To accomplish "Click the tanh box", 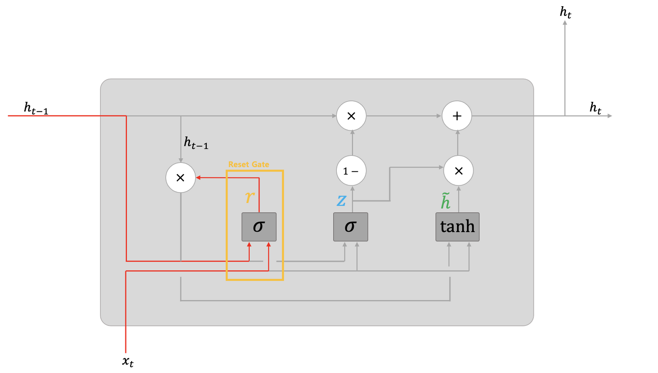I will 458,227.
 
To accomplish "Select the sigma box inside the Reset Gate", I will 259,227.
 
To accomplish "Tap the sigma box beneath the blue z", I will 350,227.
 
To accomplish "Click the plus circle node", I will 457,116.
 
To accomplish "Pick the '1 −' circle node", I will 351,171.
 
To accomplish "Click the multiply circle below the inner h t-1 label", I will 180,178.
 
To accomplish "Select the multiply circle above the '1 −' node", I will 351,116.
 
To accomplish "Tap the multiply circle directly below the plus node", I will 459,171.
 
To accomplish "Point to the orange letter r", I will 250,196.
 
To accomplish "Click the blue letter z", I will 341,200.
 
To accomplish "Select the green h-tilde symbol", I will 445,201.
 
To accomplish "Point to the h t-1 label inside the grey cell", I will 196,143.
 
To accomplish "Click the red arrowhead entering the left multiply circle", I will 198,178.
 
